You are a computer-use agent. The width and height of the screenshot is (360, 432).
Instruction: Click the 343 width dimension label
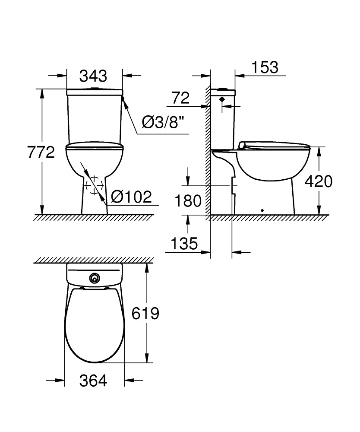point(93,76)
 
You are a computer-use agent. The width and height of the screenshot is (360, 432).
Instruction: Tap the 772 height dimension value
point(41,152)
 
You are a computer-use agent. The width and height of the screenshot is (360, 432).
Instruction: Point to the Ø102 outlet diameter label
point(131,197)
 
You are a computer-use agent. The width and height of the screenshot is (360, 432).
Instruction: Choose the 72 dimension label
point(180,98)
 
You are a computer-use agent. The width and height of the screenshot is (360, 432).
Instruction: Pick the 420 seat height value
point(319,181)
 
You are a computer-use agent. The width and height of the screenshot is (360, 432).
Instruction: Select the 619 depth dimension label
point(145,313)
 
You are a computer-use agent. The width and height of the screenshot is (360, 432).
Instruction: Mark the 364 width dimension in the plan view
point(93,381)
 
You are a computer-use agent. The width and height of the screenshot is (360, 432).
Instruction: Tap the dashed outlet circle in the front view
point(94,186)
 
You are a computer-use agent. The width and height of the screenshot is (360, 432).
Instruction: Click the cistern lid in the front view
point(95,92)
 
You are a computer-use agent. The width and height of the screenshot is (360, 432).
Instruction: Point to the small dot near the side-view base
point(262,211)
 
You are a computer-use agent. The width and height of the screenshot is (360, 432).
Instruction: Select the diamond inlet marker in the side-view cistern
point(222,99)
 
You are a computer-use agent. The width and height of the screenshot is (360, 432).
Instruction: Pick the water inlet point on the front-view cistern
point(123,100)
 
